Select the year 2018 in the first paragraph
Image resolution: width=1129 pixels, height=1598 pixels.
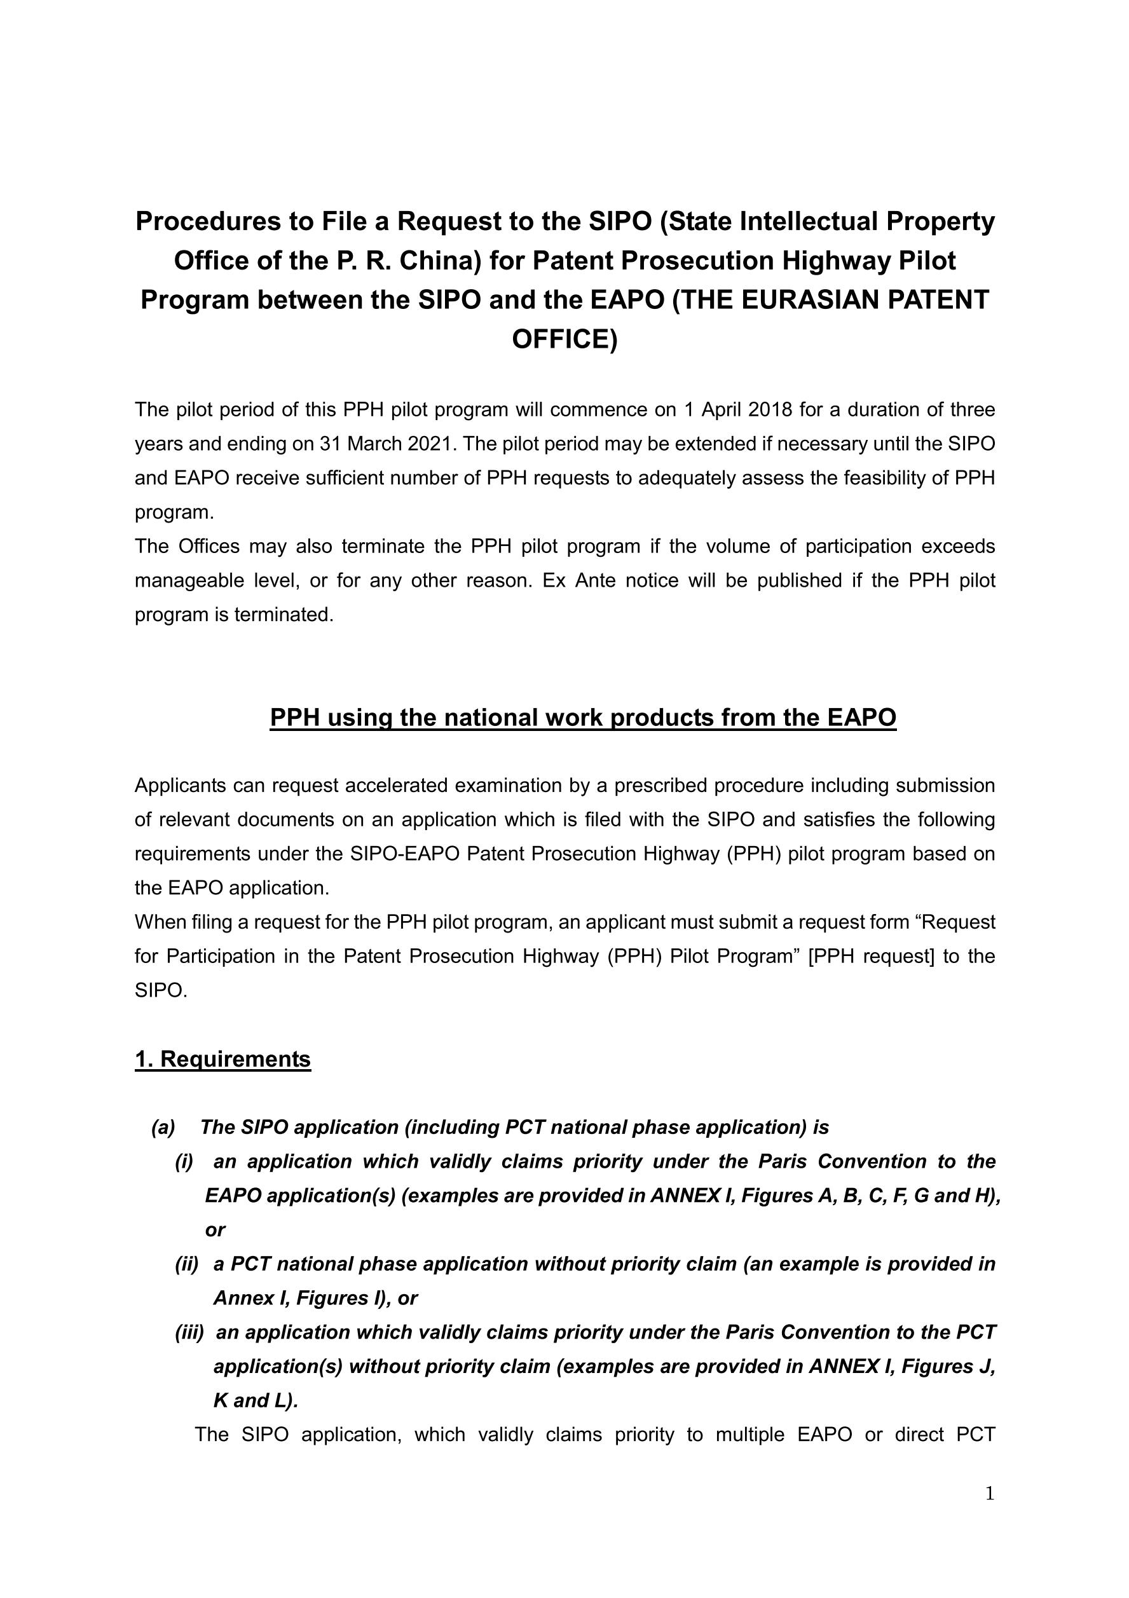(770, 409)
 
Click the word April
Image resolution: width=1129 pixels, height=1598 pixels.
(720, 409)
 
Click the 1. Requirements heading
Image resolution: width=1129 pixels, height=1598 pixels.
(222, 1058)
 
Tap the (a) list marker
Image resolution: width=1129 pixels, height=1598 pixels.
(163, 1128)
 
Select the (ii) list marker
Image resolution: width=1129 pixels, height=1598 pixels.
(186, 1264)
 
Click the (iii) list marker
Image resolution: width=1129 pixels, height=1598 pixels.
(189, 1332)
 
